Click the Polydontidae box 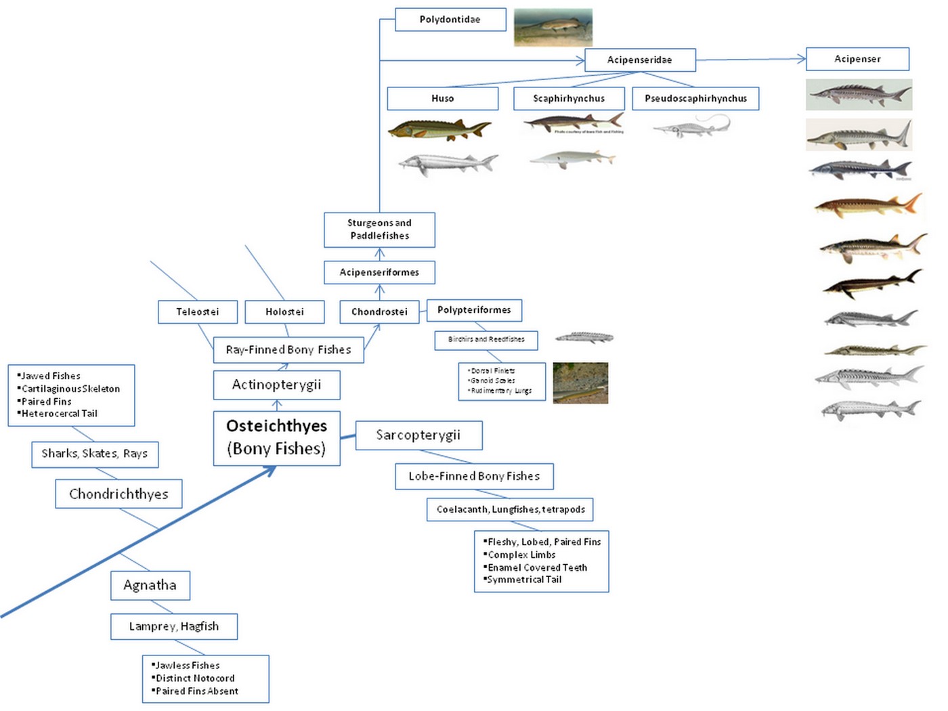pos(450,20)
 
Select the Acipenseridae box pos(640,60)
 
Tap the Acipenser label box pos(857,59)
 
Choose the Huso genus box pos(442,99)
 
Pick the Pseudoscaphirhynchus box pos(695,99)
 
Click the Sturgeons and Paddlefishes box pos(379,230)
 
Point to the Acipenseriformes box pos(379,272)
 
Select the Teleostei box pos(198,312)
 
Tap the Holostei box pos(284,312)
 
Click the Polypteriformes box pos(474,310)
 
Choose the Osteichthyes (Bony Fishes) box pos(276,437)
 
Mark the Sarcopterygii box pos(418,435)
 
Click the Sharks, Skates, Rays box pos(95,454)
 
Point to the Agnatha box pos(150,585)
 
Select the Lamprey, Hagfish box pos(174,626)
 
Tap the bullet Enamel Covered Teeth pos(538,567)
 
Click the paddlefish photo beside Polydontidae pos(553,27)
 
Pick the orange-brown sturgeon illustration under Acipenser pos(868,204)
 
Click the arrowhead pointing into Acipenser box pos(801,59)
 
